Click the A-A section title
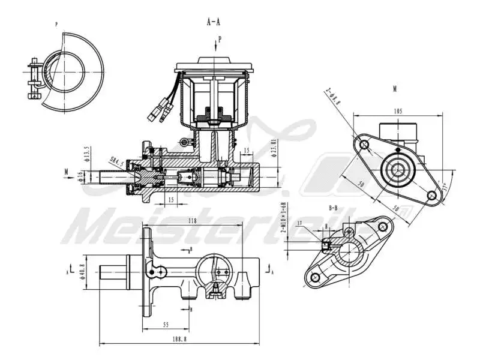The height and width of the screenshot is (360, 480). click(214, 22)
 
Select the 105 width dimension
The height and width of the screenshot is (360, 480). click(398, 111)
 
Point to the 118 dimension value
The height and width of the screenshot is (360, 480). click(193, 221)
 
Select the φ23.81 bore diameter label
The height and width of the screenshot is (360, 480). click(273, 148)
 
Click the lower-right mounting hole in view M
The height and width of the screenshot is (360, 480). click(431, 195)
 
